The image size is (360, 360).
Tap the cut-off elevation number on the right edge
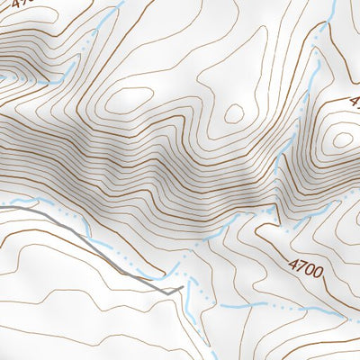354,102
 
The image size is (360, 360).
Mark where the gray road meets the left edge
2,206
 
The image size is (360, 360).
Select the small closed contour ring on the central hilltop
234,112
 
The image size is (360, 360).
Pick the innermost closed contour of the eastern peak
342,139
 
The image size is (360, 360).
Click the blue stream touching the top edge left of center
122,3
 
